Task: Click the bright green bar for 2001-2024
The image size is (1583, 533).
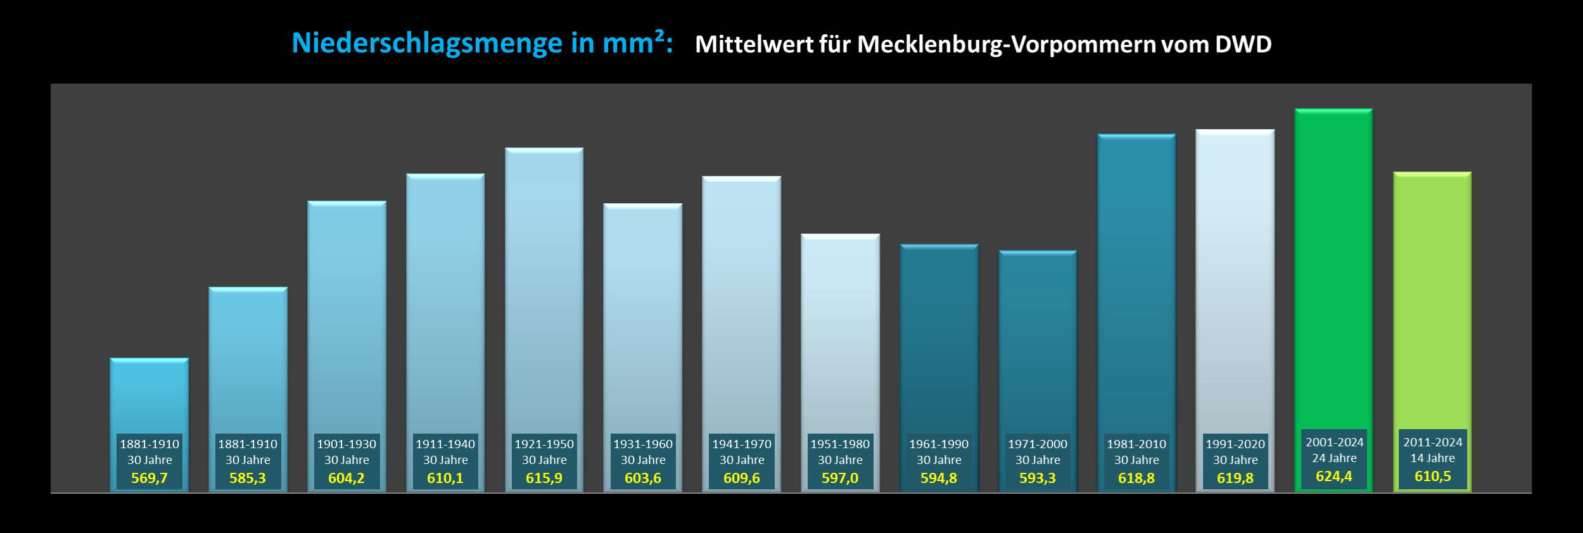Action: [1333, 266]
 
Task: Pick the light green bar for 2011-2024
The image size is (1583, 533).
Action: [1432, 298]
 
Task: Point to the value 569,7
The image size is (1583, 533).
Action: [149, 479]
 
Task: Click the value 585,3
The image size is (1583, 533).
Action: [248, 479]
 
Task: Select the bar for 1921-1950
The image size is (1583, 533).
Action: [544, 285]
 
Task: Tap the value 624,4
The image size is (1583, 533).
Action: [1333, 477]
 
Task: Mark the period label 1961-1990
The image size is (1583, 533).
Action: [939, 444]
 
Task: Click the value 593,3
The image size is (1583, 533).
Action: [1038, 479]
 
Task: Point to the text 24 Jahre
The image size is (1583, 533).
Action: [1334, 458]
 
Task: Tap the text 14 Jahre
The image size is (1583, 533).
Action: [1432, 458]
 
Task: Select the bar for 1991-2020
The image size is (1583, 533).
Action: [1235, 279]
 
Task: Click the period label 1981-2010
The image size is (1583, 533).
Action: [1136, 444]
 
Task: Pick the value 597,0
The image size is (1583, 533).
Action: [840, 479]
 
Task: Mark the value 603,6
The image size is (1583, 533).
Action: [643, 479]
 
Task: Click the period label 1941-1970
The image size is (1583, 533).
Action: [742, 444]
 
